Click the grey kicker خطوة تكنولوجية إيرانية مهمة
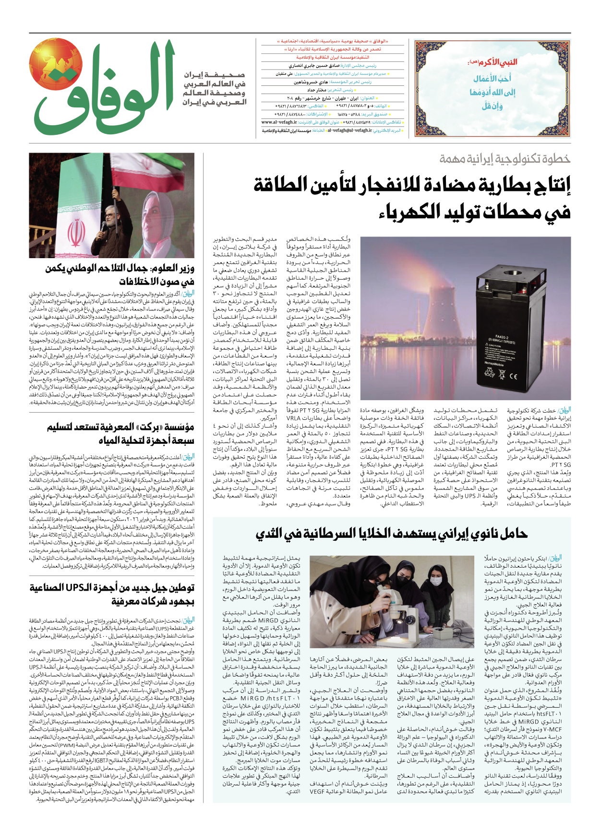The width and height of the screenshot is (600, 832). click(504, 158)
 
